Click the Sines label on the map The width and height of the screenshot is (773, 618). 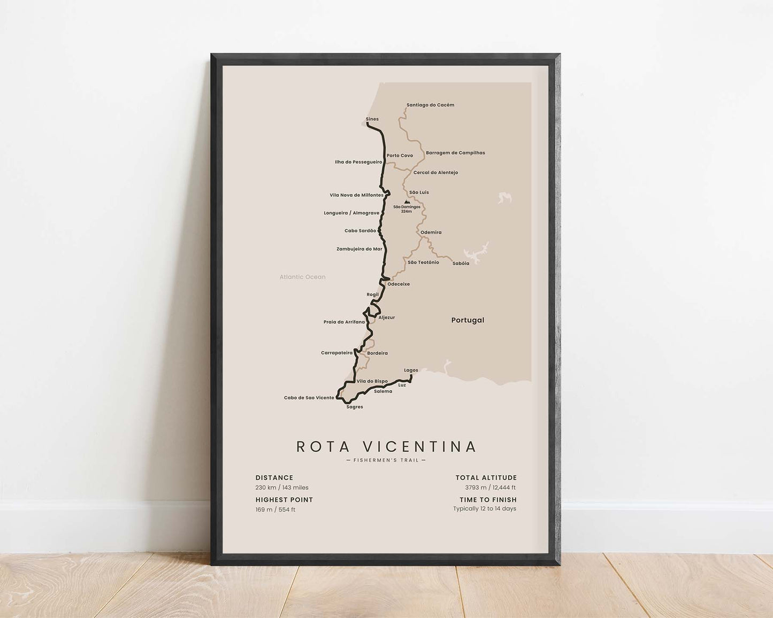tap(372, 119)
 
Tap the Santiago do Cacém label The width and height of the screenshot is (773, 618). tap(430, 105)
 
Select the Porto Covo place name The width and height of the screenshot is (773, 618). tap(400, 156)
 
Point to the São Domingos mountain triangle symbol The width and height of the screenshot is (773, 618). tap(407, 202)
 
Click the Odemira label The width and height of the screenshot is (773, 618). tap(431, 233)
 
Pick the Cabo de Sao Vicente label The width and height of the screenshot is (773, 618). tap(309, 398)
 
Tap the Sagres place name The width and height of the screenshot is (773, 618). tap(355, 407)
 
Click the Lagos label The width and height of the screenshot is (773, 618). tap(411, 370)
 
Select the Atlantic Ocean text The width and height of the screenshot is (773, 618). tap(302, 277)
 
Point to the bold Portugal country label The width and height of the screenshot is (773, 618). tap(468, 320)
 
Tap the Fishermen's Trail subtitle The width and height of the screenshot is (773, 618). tap(386, 460)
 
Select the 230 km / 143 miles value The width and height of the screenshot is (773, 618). tap(282, 488)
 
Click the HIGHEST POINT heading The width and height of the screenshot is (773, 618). tap(284, 500)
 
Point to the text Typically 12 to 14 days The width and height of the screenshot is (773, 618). tap(485, 508)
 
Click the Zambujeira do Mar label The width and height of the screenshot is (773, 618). tap(359, 249)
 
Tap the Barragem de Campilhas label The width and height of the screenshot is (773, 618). tap(455, 153)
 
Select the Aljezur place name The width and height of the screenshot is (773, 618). tap(386, 318)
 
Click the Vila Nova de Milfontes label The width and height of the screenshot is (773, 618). tap(356, 195)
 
